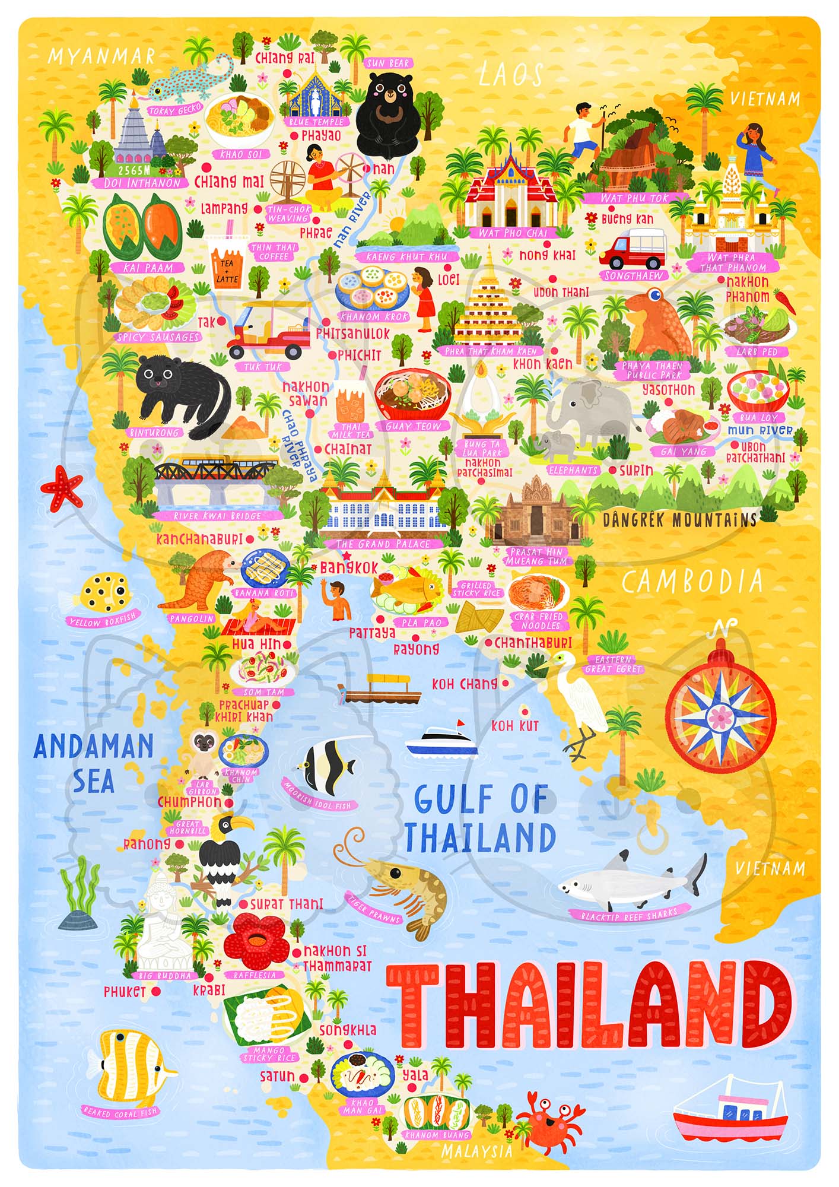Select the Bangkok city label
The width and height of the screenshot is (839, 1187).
point(349,567)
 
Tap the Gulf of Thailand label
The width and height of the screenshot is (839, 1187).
point(479,818)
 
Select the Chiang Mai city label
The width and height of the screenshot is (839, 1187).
point(229,182)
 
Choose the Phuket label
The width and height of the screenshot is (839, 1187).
point(125,991)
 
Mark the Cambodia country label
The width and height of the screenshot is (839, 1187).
point(692,583)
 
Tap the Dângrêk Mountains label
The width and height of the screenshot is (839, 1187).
point(679,520)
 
